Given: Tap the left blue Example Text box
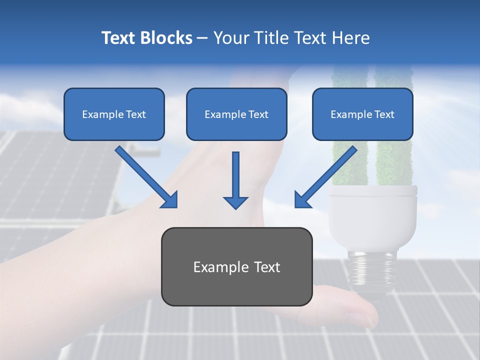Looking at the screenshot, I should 114,114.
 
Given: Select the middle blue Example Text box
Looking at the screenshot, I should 236,114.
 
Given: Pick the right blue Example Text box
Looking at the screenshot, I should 362,114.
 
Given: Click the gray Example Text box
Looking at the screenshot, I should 236,266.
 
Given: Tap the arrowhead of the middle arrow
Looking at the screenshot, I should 235,202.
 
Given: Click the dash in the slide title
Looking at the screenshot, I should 202,38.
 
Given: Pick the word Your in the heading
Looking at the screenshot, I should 230,38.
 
